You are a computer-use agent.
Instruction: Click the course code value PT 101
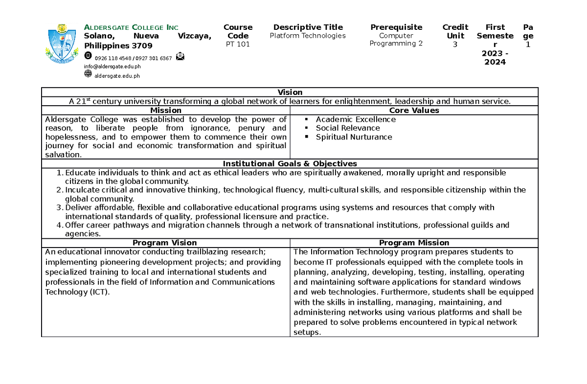point(238,44)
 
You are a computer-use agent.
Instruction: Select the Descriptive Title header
point(308,27)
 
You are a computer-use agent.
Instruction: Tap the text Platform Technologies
point(308,36)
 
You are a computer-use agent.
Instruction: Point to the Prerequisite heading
point(396,27)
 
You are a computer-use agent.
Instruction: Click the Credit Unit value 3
point(455,44)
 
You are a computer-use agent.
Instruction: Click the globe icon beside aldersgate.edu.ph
point(88,74)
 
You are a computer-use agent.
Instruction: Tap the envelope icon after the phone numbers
point(181,56)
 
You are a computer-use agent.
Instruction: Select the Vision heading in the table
point(290,92)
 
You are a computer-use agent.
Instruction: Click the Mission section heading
point(166,111)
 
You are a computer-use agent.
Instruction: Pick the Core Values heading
point(414,111)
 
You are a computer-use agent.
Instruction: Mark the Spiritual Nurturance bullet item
point(354,137)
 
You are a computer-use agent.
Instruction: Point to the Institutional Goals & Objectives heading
point(290,163)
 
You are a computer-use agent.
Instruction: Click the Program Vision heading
point(165,243)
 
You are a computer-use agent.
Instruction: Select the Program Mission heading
point(414,243)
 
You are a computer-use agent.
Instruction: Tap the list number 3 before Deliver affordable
point(60,208)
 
